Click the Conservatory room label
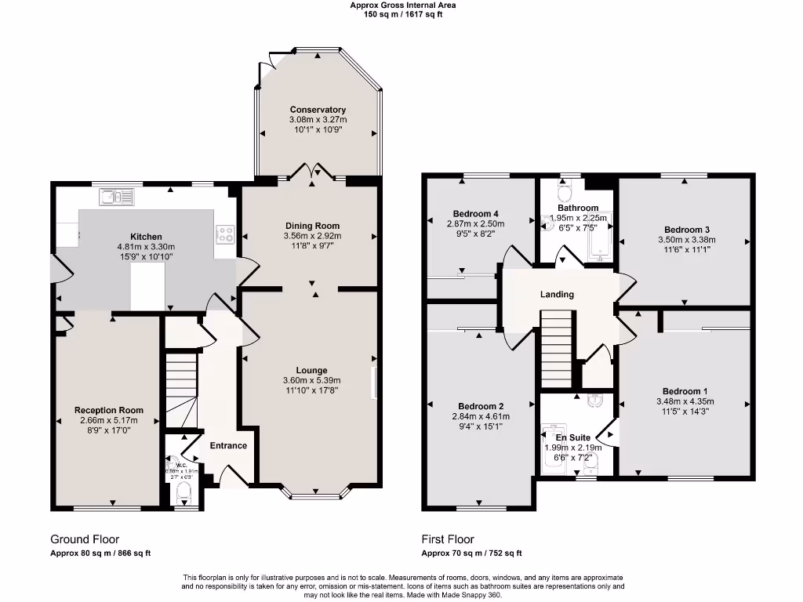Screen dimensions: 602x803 318,110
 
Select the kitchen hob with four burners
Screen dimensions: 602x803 225,233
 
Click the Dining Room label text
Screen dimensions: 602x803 312,226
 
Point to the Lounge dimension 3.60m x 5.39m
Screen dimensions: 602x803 311,381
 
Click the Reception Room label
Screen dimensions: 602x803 109,410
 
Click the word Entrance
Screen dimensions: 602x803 228,445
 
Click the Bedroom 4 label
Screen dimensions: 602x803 476,213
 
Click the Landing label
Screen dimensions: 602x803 557,295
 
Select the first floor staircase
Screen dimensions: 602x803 558,348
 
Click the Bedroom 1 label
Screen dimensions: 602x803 685,391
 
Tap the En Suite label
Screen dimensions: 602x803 572,437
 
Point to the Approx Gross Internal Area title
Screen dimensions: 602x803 402,5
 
